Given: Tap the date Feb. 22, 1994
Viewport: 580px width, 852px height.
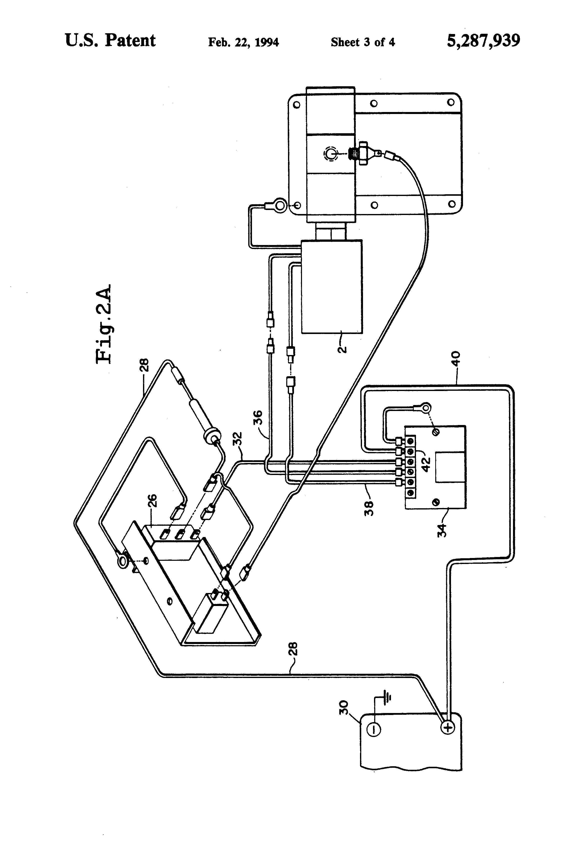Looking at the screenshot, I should pyautogui.click(x=243, y=42).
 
